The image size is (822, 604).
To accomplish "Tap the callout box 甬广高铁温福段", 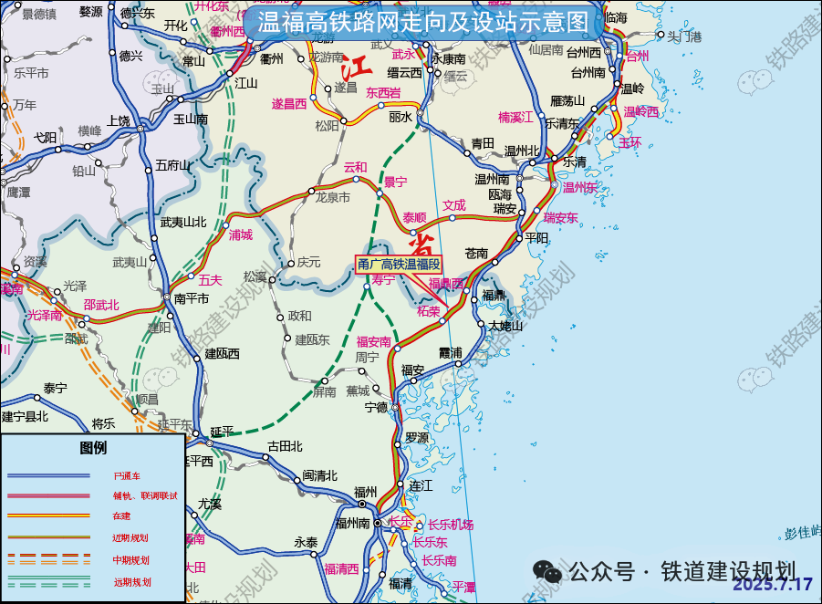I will coord(399,265).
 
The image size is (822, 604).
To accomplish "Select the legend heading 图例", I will coord(93,448).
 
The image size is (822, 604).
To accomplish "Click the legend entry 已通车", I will coord(127,476).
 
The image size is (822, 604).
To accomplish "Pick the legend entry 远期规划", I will coord(132,581).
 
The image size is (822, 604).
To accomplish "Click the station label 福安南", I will coord(374,341).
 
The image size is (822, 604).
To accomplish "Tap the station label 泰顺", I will coord(414,217).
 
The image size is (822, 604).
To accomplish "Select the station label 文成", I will coord(454,205).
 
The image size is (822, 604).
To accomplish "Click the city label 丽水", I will coord(401,117).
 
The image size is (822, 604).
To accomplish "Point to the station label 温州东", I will coord(579,187).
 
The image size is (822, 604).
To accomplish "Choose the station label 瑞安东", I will coord(561,217).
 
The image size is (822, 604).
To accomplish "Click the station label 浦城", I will coord(240,234).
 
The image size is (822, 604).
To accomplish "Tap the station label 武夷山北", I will coord(183,222).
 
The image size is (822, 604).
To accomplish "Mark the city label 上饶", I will coord(119,120).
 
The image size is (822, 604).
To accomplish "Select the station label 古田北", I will coord(285,446).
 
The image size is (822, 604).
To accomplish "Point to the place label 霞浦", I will coord(451,352).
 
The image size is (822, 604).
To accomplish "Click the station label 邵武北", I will coord(101,304).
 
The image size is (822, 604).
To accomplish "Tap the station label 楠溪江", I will coord(516,117).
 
